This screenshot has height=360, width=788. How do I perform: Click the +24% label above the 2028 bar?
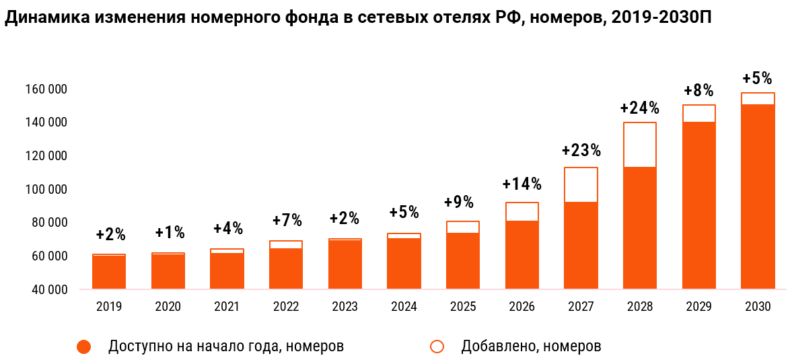639,108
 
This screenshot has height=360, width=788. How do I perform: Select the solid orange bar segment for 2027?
581,246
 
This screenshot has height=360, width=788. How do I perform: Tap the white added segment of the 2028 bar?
639,145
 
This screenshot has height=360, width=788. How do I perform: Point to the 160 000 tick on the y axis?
48,89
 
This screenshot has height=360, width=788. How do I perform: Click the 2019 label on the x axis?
109,307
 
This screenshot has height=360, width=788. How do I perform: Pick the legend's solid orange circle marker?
84,347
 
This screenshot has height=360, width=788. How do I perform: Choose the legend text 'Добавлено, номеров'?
531,347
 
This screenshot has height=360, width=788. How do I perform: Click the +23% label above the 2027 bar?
581,150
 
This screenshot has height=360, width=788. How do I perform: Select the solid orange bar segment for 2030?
758,196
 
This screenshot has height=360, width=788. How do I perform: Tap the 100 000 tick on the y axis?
48,190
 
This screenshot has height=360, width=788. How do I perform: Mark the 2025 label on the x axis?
462,307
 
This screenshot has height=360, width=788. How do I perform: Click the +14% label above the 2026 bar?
522,184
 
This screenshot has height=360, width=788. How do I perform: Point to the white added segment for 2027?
581,185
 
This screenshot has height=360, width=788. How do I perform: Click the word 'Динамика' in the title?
45,19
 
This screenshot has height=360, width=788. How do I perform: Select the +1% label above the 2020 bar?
170,233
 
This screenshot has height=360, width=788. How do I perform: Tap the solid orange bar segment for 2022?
286,269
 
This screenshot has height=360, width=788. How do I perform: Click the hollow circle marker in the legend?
437,347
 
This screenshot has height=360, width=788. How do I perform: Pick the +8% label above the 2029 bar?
699,91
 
